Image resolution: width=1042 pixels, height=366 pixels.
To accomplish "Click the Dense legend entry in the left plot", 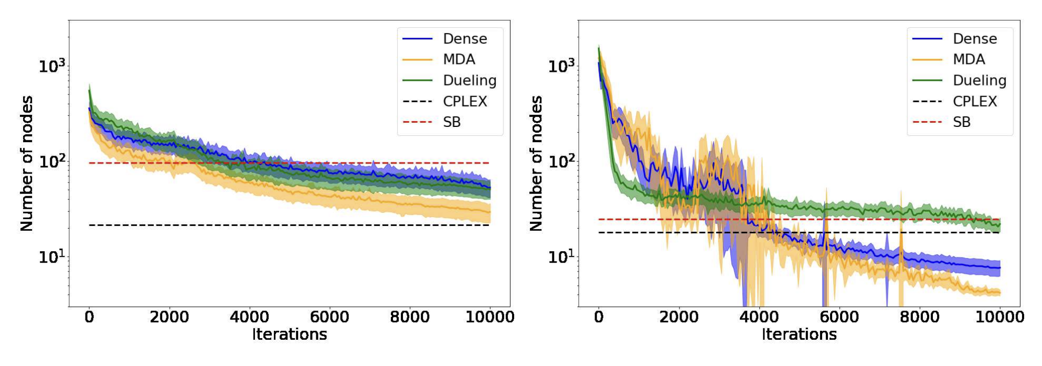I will [464, 39].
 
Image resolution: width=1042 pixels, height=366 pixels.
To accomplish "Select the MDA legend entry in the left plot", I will [459, 59].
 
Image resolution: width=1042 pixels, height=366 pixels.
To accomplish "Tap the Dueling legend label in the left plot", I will [469, 80].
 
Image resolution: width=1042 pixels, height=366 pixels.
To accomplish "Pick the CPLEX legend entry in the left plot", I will [464, 101].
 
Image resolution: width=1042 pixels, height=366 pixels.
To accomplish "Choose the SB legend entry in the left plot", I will [451, 122].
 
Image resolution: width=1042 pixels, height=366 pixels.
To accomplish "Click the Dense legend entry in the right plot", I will [974, 39].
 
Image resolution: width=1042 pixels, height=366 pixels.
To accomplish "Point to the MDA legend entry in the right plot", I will [969, 59].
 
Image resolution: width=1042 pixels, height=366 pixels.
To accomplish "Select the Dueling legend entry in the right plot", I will [979, 80].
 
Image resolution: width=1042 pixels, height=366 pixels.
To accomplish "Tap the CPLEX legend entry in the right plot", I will [974, 101].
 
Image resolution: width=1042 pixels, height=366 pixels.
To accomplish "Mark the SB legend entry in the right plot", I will [961, 122].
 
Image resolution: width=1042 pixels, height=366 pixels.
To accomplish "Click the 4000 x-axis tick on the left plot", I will [249, 317].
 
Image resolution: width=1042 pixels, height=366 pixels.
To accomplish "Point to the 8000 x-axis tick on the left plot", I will [410, 317].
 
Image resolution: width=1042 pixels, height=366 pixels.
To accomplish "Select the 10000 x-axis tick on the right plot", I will [1000, 317].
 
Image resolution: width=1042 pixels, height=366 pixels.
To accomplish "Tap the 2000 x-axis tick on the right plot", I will [679, 317].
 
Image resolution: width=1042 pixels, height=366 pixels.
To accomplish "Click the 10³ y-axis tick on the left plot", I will [52, 66].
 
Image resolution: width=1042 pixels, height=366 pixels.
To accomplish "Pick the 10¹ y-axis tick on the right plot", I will [561, 257].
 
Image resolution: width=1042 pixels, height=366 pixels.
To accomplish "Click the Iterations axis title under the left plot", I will [289, 335].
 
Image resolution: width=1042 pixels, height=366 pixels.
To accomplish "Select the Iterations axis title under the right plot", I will [799, 335].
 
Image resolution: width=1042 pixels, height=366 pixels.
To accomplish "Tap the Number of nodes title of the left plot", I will [26, 163].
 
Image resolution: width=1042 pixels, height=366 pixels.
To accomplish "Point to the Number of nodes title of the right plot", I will [536, 163].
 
